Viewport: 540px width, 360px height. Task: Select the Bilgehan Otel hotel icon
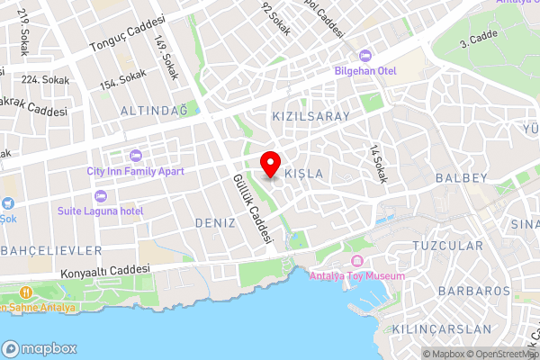tap(364, 55)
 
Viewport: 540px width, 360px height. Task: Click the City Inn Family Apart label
tap(135, 170)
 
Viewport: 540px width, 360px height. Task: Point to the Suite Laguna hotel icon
tap(99, 196)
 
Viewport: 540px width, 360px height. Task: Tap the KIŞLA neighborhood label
tap(303, 173)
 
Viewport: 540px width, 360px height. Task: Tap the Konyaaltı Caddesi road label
tap(103, 270)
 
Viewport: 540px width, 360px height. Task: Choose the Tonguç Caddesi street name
tap(128, 33)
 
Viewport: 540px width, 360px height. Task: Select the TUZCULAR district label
tap(447, 245)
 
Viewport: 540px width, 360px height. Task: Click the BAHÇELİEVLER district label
tap(50, 249)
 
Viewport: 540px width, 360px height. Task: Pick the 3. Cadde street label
tap(478, 40)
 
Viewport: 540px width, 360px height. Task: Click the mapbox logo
tap(40, 348)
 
